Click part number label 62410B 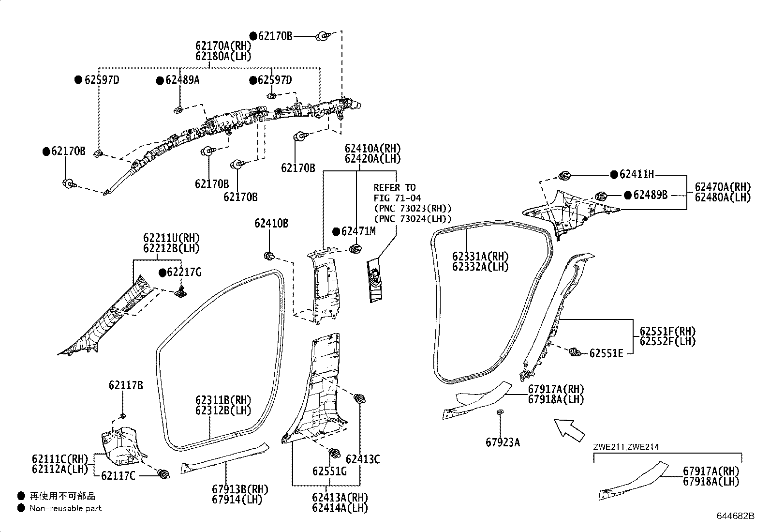(x=271, y=223)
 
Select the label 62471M (x=358, y=231)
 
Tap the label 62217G (x=184, y=272)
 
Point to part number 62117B (x=126, y=385)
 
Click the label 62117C (x=118, y=476)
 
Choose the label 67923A (x=503, y=442)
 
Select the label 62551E (x=606, y=353)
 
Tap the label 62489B (x=650, y=195)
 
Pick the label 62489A (x=182, y=80)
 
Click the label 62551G (x=329, y=471)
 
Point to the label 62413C (x=363, y=459)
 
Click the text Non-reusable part (x=65, y=508)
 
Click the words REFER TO (x=394, y=187)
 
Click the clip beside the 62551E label (x=574, y=352)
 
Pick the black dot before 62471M (x=336, y=231)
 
